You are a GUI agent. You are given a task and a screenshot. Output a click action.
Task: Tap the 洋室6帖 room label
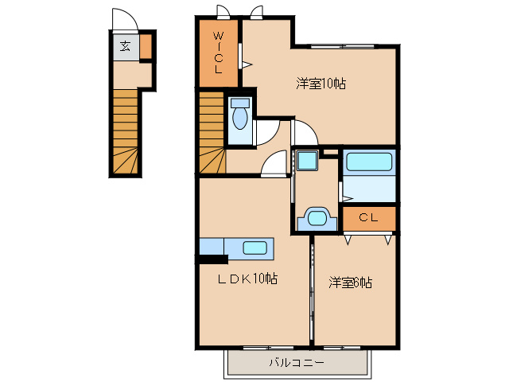(x=352, y=282)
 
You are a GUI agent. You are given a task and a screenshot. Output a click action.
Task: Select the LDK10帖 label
(x=249, y=279)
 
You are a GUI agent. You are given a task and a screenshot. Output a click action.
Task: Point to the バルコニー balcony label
(x=296, y=363)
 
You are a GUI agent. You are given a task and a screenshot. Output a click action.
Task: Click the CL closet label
(x=367, y=217)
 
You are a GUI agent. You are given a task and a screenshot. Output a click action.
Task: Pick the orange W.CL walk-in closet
(x=218, y=53)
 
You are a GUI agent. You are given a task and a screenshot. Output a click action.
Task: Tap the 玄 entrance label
(x=126, y=45)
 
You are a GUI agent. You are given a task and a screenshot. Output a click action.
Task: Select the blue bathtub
(x=368, y=162)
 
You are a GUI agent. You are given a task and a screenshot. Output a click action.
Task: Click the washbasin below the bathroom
(x=318, y=217)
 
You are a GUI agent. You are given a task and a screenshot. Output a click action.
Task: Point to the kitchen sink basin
(x=254, y=248)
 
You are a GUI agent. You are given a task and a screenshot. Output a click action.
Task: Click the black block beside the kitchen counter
(x=212, y=258)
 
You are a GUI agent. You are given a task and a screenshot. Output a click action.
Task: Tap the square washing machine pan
(x=306, y=160)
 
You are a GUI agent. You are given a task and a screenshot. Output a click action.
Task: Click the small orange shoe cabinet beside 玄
(x=146, y=47)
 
